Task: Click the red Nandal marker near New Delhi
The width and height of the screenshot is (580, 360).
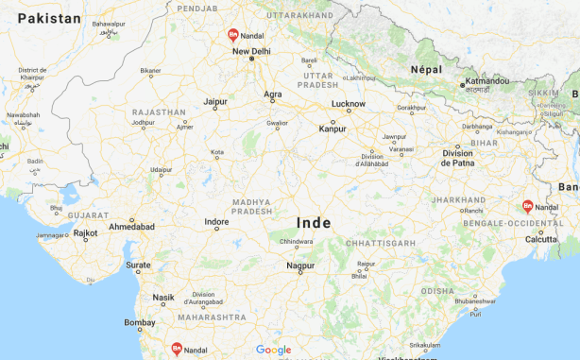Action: tap(232, 35)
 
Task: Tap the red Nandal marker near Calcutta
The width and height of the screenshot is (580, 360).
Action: tap(528, 206)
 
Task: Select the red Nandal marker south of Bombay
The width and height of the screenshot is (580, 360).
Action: tap(177, 349)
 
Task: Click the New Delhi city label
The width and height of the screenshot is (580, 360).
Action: tap(251, 51)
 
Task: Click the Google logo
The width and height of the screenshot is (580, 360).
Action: tap(274, 350)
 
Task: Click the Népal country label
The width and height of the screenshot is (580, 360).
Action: tap(426, 69)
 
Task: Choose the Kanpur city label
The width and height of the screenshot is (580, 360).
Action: tap(333, 128)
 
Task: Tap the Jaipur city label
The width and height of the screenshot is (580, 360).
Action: tap(215, 101)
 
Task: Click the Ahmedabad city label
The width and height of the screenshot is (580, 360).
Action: tap(131, 227)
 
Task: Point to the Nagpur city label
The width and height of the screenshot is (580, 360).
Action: tap(300, 267)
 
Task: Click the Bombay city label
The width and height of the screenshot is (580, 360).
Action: tap(139, 322)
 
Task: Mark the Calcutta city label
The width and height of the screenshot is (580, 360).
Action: tap(541, 239)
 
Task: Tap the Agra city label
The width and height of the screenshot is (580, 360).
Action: tap(272, 94)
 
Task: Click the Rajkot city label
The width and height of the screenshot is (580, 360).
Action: tap(85, 231)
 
